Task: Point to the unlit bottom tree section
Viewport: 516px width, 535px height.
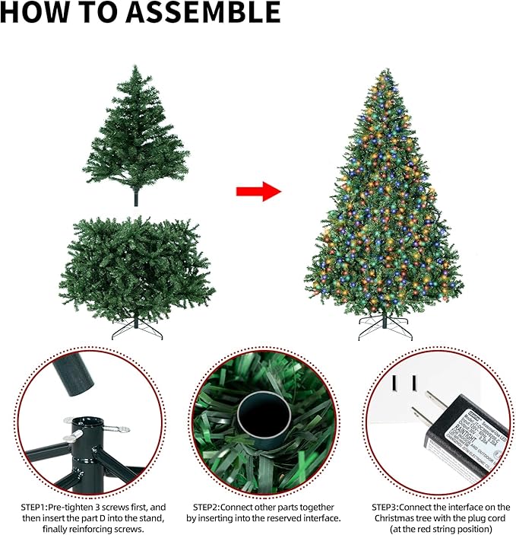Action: coord(136,266)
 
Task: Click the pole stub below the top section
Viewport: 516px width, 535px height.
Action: coord(136,199)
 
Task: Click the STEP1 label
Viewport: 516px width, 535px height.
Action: coord(34,507)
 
